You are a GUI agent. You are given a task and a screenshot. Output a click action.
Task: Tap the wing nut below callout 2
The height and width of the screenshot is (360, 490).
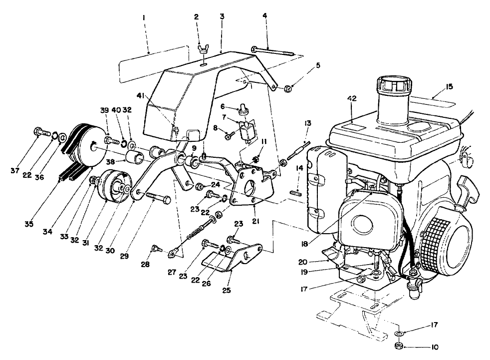203,50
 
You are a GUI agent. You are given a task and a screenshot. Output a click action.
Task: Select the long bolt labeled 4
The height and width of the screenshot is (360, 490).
272,49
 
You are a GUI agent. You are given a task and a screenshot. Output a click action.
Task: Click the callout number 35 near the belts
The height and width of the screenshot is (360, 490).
29,224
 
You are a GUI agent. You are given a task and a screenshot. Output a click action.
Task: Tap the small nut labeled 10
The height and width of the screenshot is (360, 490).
399,346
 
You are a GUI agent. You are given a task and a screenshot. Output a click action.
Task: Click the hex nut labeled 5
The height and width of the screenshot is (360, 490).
287,89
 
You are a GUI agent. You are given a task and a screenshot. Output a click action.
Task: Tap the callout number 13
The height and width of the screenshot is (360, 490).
308,123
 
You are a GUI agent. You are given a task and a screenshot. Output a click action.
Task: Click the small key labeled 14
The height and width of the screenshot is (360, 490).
296,190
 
